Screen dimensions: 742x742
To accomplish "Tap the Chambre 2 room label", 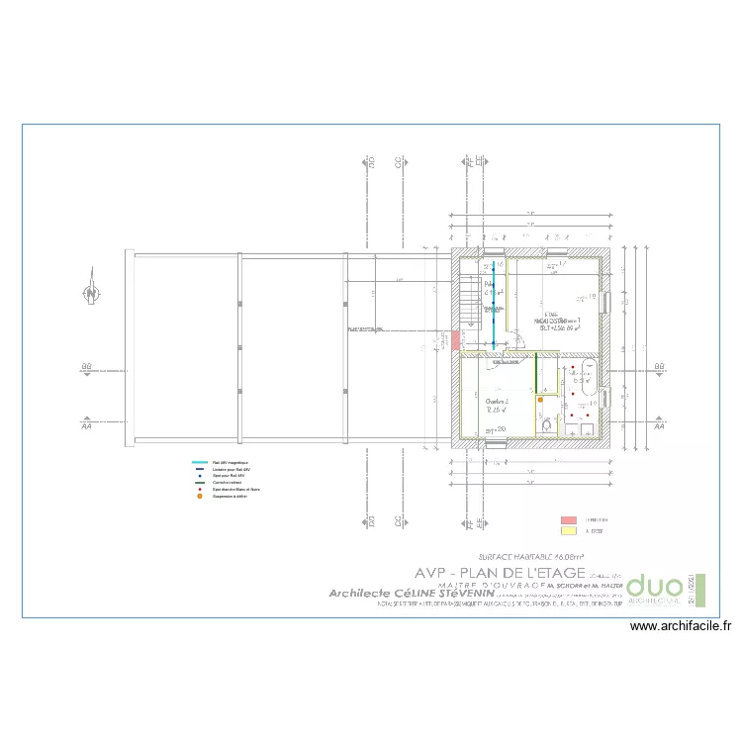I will [497, 404].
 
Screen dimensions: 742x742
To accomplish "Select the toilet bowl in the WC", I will [546, 426].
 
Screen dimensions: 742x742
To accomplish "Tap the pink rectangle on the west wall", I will [454, 340].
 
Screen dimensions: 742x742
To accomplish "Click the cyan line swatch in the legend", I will [199, 462].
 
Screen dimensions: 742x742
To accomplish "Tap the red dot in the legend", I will [199, 489].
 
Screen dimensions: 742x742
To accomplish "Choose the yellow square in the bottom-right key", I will [568, 531].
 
